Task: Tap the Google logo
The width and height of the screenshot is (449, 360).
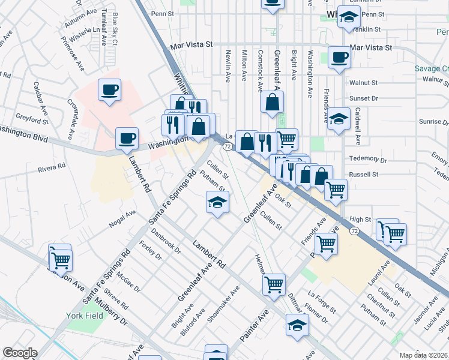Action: click(20, 353)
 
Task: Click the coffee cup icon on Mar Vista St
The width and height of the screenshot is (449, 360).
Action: click(339, 58)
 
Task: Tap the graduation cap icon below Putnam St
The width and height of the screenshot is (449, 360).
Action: click(217, 203)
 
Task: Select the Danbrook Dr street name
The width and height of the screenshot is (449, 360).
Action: click(166, 238)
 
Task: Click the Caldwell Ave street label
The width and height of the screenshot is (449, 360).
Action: click(358, 126)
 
